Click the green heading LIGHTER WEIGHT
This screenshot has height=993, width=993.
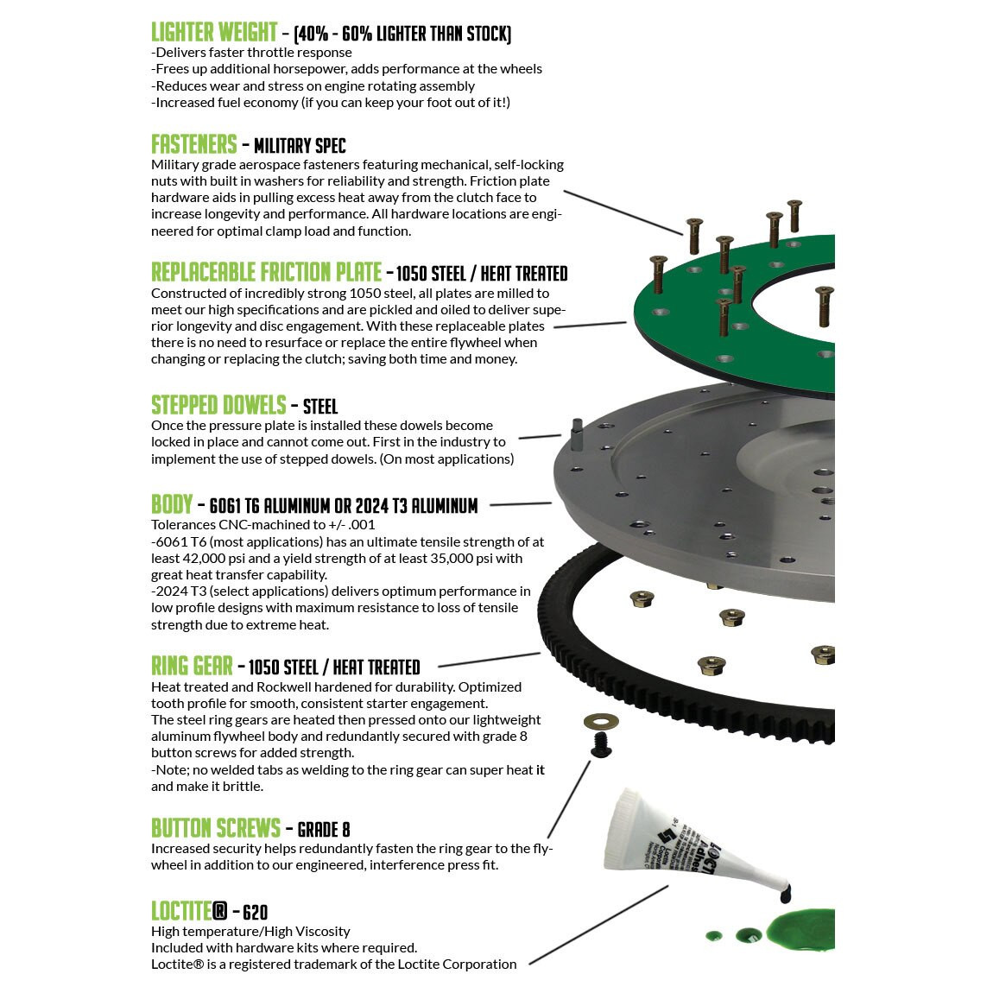point(213,33)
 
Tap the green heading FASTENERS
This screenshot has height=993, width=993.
point(193,144)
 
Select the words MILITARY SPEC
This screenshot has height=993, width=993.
point(300,146)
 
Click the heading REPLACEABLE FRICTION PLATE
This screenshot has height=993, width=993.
point(266,273)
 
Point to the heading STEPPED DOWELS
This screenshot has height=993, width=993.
point(218,406)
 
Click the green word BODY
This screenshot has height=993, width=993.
point(171,504)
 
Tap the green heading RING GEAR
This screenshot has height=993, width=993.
point(192,666)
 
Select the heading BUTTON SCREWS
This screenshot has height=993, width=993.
point(215,829)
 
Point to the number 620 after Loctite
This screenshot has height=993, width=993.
point(256,913)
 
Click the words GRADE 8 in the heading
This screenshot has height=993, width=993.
point(324,830)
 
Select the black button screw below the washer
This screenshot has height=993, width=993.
point(602,747)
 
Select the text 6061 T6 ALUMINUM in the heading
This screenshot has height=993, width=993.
point(279,506)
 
